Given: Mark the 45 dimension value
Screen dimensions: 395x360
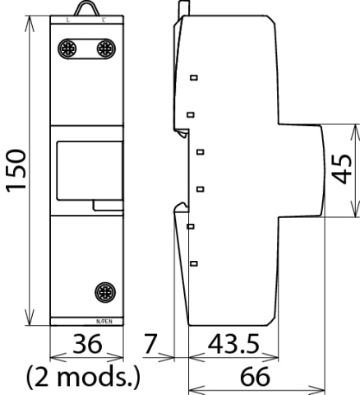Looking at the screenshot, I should [346, 170].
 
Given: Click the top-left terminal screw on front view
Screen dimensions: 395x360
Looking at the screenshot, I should [67, 49].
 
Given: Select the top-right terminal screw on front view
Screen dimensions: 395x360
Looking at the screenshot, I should [105, 49].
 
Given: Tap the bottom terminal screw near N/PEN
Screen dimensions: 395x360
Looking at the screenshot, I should [105, 291].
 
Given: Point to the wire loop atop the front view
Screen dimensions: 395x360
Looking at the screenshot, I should [85, 8].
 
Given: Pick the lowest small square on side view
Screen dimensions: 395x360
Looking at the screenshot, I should [194, 263].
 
